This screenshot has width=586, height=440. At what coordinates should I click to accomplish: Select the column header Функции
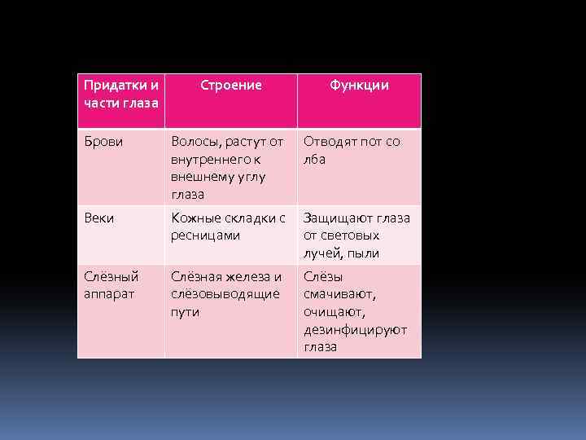359,85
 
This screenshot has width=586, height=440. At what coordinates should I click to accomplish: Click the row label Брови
101,141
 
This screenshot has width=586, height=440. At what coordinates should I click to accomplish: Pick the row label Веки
98,218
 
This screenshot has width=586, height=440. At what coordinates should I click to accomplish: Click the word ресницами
205,235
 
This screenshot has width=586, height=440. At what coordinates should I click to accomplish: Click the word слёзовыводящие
225,294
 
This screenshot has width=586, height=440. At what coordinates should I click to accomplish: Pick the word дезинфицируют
355,329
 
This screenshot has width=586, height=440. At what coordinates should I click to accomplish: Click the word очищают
335,311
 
